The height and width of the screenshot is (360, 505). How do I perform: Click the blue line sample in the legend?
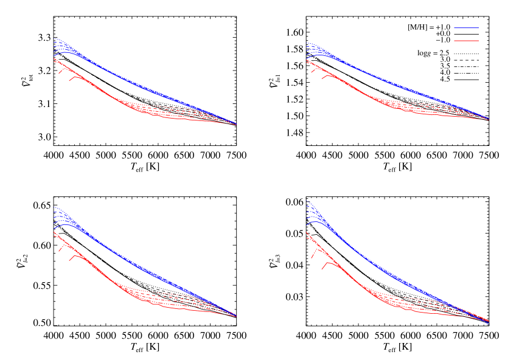pos(466,28)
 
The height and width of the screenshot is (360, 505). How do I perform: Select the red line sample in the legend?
pos(466,41)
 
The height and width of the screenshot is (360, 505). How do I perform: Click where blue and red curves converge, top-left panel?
pos(236,125)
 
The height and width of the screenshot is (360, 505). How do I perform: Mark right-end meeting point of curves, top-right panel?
pos(489,119)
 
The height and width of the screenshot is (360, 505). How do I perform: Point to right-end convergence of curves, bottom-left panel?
pos(236,316)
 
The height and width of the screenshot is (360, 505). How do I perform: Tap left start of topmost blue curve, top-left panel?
pos(54,38)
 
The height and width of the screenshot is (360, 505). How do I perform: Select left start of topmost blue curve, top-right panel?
pos(306,42)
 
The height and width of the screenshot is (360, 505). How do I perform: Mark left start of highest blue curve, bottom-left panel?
pos(54,207)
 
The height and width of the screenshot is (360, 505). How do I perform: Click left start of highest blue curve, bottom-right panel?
pos(306,200)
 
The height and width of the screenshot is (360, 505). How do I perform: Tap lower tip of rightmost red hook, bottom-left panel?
pos(69,261)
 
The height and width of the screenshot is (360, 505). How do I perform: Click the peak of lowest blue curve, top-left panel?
pos(64,52)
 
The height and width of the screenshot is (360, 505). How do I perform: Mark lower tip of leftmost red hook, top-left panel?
pos(58,74)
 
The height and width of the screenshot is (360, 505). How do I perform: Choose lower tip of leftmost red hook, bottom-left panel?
pos(58,252)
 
